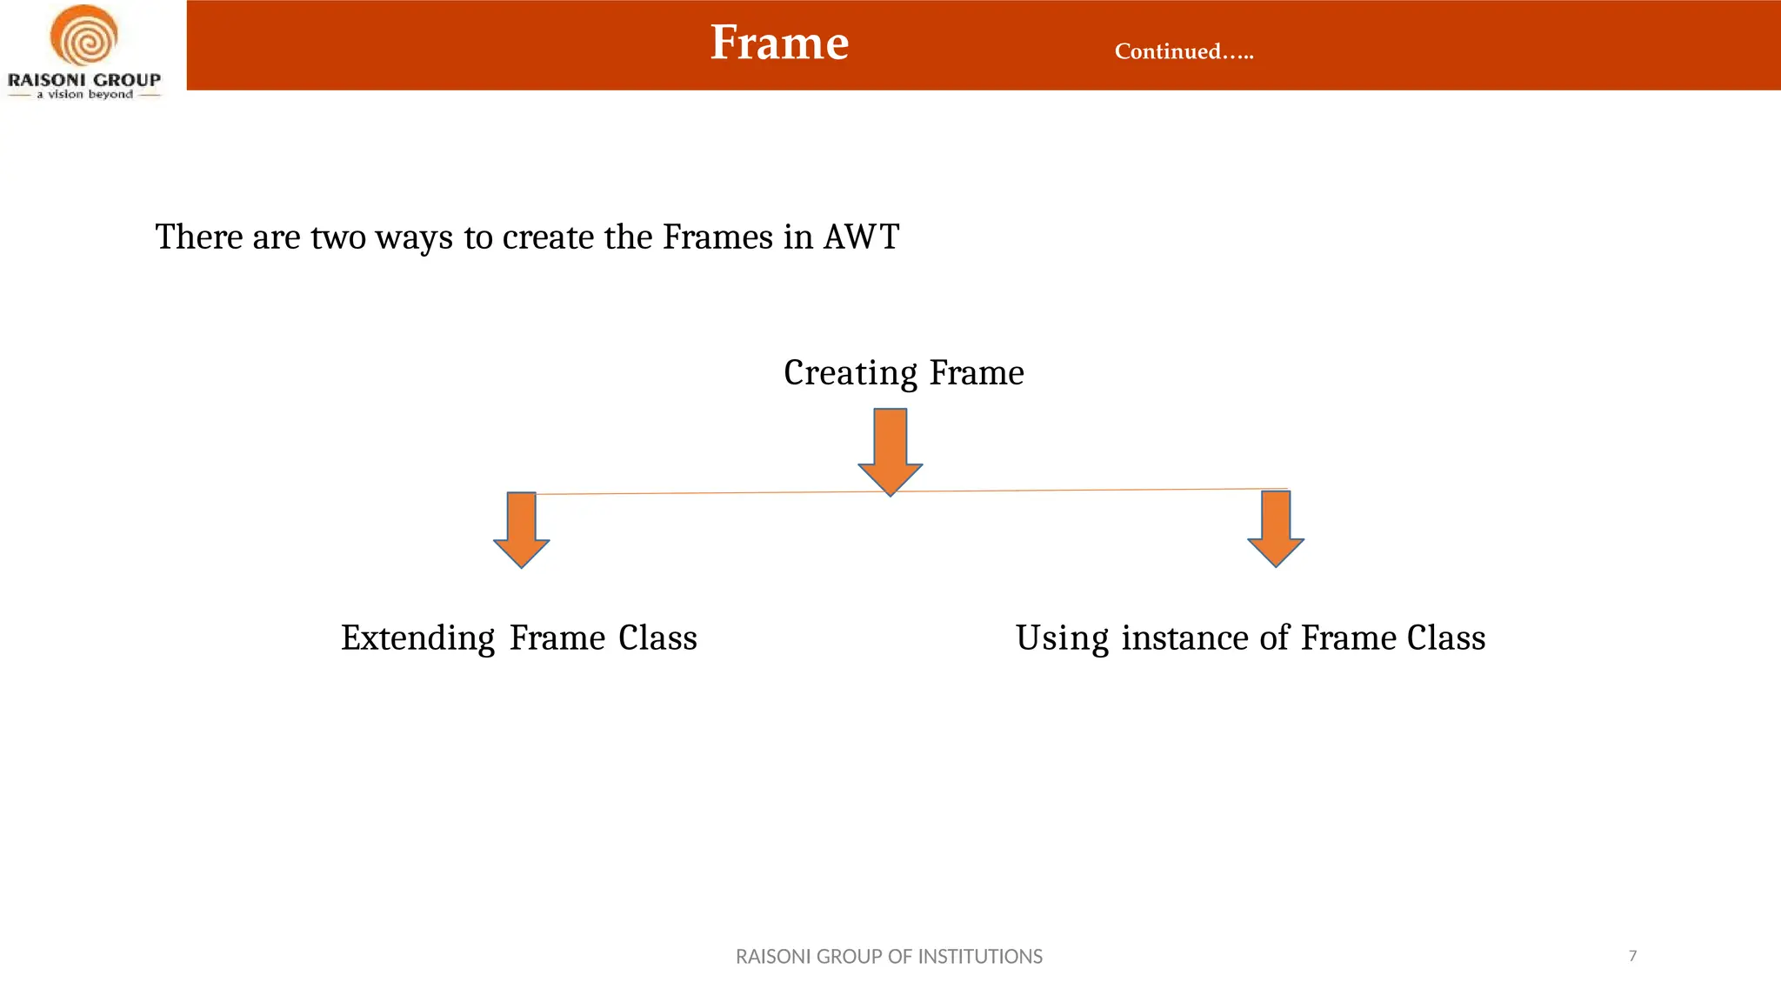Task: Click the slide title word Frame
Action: tap(779, 43)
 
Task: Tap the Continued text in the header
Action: tap(1184, 51)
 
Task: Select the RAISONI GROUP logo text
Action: tap(84, 80)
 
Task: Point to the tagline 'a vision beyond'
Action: tap(84, 95)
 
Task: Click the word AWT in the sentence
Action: tap(860, 237)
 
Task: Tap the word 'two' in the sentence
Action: tap(337, 237)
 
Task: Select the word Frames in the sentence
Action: tap(717, 237)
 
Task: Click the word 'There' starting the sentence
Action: tap(198, 237)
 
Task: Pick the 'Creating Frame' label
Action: tap(904, 372)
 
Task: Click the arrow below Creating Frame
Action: tap(890, 451)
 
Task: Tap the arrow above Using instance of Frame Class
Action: tap(1276, 528)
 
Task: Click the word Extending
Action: tap(417, 638)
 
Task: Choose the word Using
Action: tap(1062, 638)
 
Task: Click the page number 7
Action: tap(1632, 956)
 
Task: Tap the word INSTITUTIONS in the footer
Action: tap(980, 957)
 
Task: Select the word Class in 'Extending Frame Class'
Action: tap(657, 638)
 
